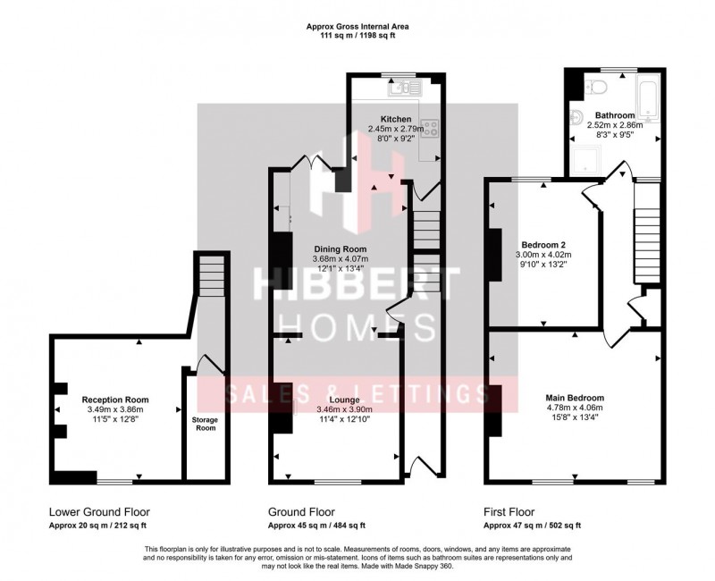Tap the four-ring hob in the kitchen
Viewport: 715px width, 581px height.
[429, 128]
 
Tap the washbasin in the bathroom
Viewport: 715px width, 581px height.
[578, 117]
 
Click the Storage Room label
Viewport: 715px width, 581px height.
[206, 423]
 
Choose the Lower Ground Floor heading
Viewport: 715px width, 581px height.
[94, 513]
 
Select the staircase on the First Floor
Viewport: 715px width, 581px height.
[645, 232]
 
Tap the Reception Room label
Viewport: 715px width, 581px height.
[115, 400]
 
